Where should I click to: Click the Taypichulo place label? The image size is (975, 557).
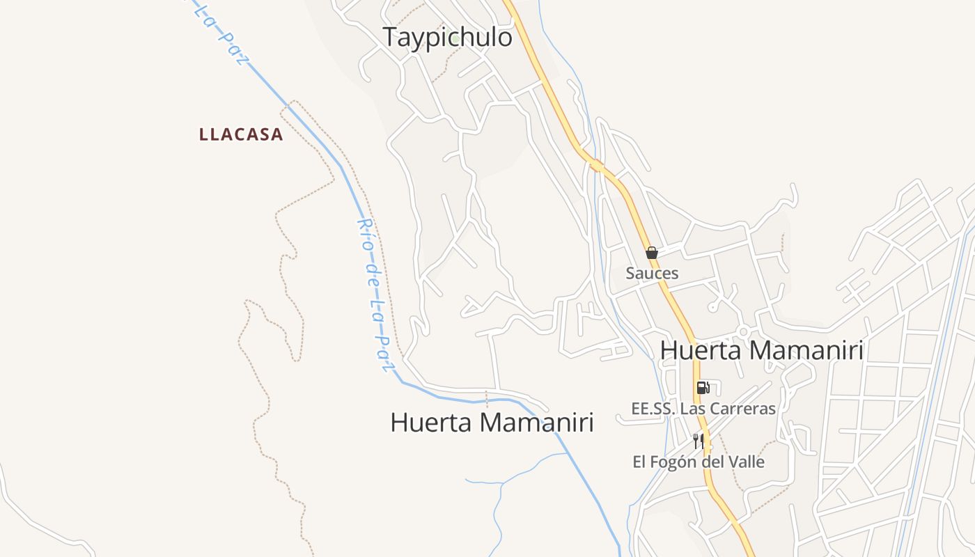click(x=447, y=37)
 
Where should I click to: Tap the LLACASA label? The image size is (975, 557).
click(x=241, y=134)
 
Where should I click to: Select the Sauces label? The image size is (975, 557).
click(x=652, y=273)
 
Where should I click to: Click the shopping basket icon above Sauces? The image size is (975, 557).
click(x=652, y=253)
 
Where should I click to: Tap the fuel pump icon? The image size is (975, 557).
click(x=703, y=388)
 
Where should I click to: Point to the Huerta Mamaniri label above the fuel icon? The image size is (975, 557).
click(x=761, y=350)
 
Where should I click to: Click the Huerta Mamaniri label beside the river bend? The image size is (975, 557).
click(x=492, y=423)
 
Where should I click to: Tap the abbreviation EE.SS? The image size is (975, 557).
click(x=653, y=409)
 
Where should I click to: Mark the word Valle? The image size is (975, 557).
click(x=747, y=462)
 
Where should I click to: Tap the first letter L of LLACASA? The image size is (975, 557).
click(x=204, y=134)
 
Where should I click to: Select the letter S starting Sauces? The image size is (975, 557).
click(x=630, y=273)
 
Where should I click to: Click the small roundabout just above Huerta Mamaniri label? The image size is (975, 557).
click(x=743, y=331)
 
